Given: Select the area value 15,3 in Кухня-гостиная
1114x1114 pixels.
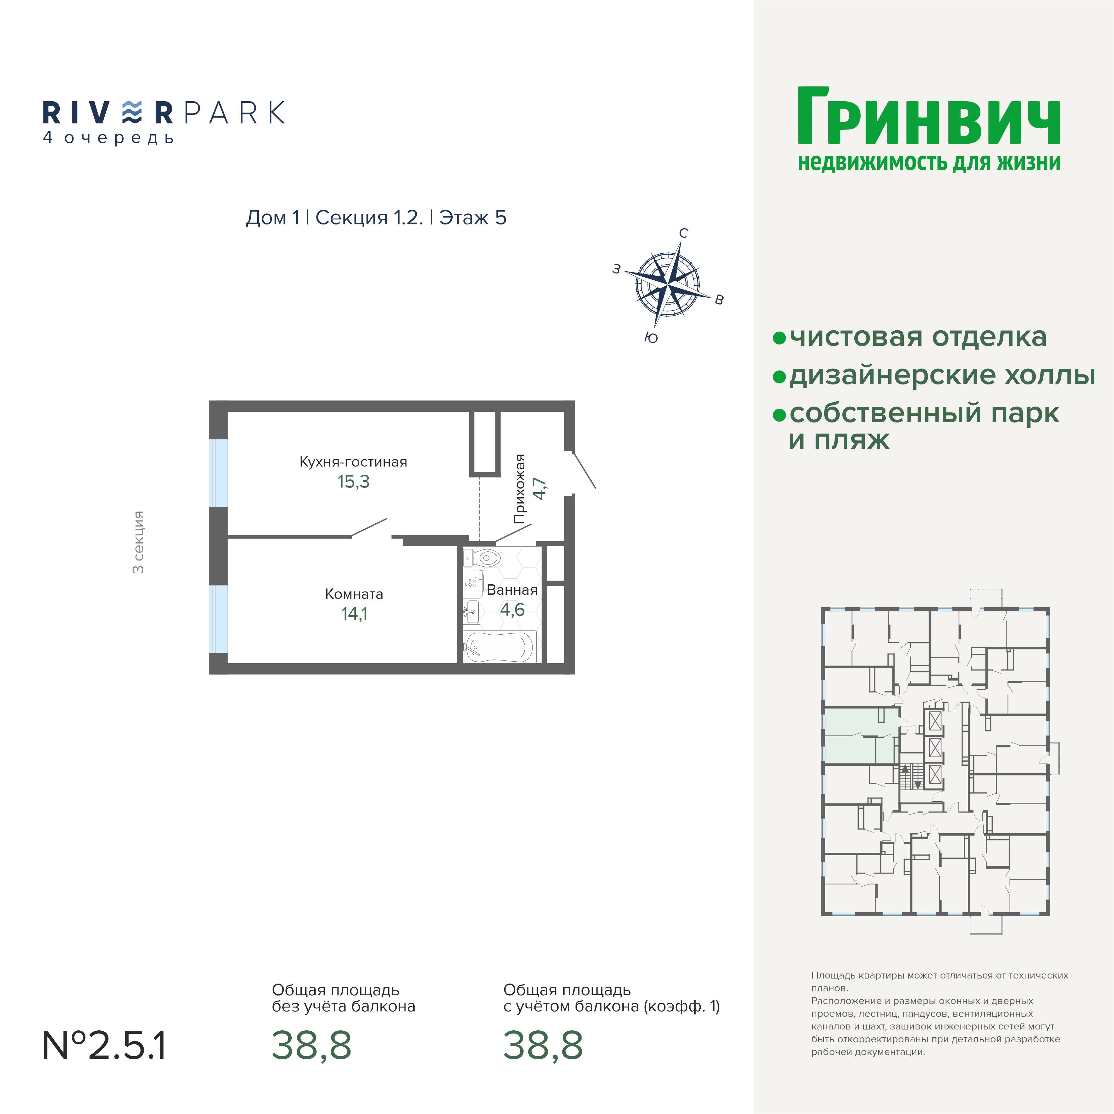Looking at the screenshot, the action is pyautogui.click(x=353, y=482).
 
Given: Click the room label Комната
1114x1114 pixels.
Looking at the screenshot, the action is pyautogui.click(x=354, y=594).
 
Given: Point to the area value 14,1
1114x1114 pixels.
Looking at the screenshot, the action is pyautogui.click(x=354, y=614).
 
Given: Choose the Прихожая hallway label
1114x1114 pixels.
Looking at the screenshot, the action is pyautogui.click(x=520, y=489).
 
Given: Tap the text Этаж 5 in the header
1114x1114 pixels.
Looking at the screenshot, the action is pyautogui.click(x=473, y=218).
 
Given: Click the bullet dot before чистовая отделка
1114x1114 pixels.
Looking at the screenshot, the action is pyautogui.click(x=779, y=338).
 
